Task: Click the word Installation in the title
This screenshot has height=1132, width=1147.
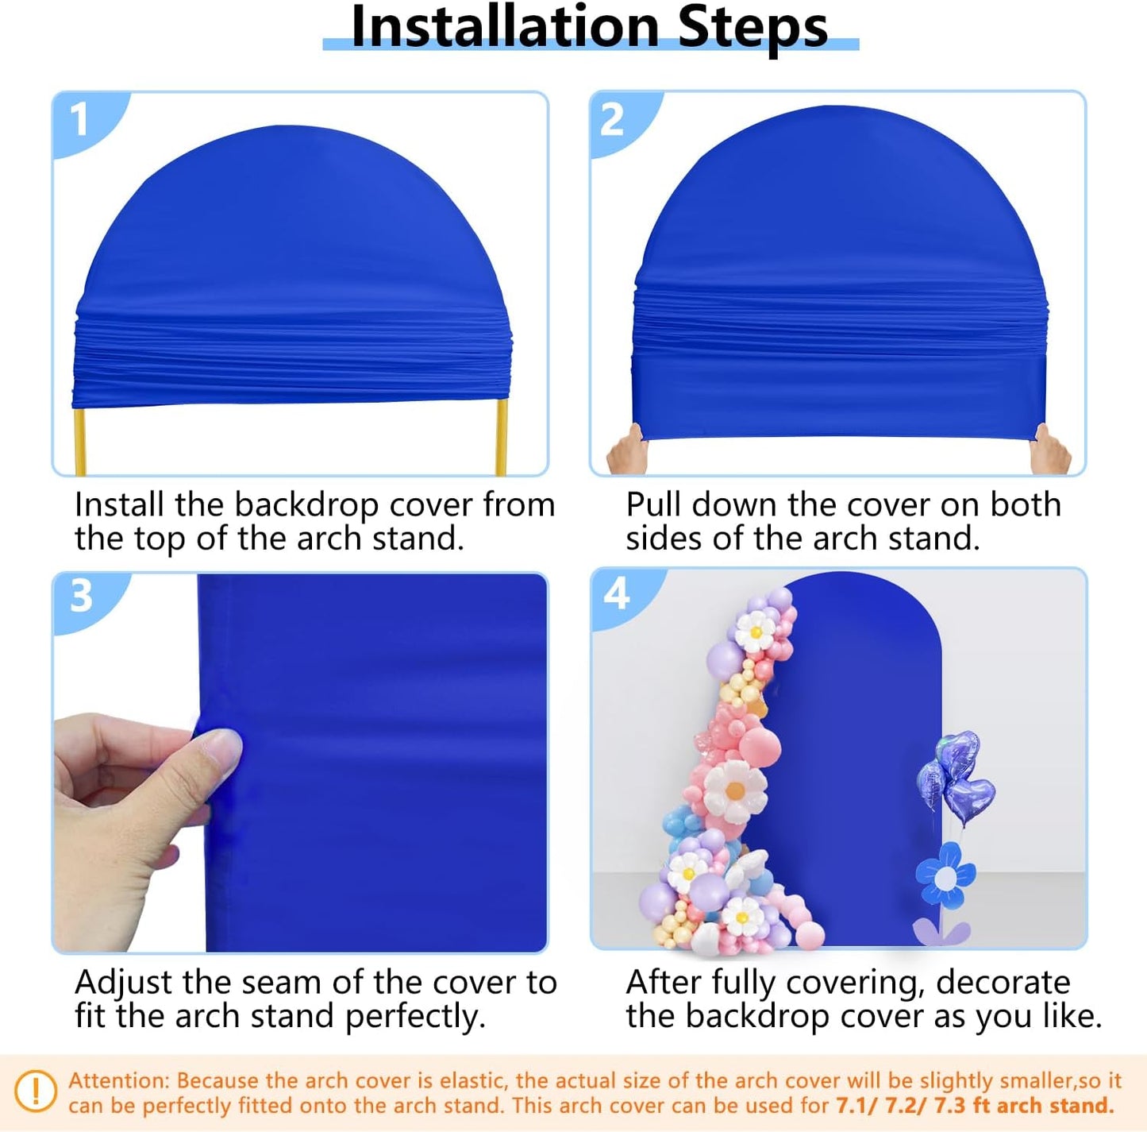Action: coord(505,26)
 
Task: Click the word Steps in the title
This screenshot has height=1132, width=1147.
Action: coord(752,26)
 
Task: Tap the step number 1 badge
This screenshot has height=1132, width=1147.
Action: coord(79,120)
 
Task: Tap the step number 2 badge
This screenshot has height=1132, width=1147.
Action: coord(612,120)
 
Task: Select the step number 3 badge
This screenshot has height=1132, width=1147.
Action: coord(81,596)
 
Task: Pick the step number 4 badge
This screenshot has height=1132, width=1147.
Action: coord(617,593)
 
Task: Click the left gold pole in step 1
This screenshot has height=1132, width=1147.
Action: coord(79,442)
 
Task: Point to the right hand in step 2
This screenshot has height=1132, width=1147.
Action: coord(1049,452)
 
